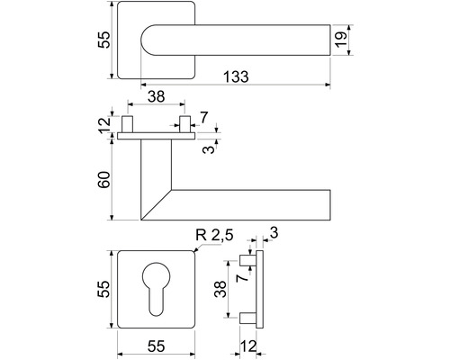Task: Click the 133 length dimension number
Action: point(236,76)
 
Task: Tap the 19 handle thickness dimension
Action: point(341,40)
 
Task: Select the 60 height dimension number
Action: point(104,180)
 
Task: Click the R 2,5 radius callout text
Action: point(214,236)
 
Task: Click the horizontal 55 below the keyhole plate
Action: point(157,346)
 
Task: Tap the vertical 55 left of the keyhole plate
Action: point(103,289)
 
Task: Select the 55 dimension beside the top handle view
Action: point(104,40)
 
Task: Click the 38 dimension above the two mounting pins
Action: point(157,96)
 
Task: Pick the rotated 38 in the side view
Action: point(220,289)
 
